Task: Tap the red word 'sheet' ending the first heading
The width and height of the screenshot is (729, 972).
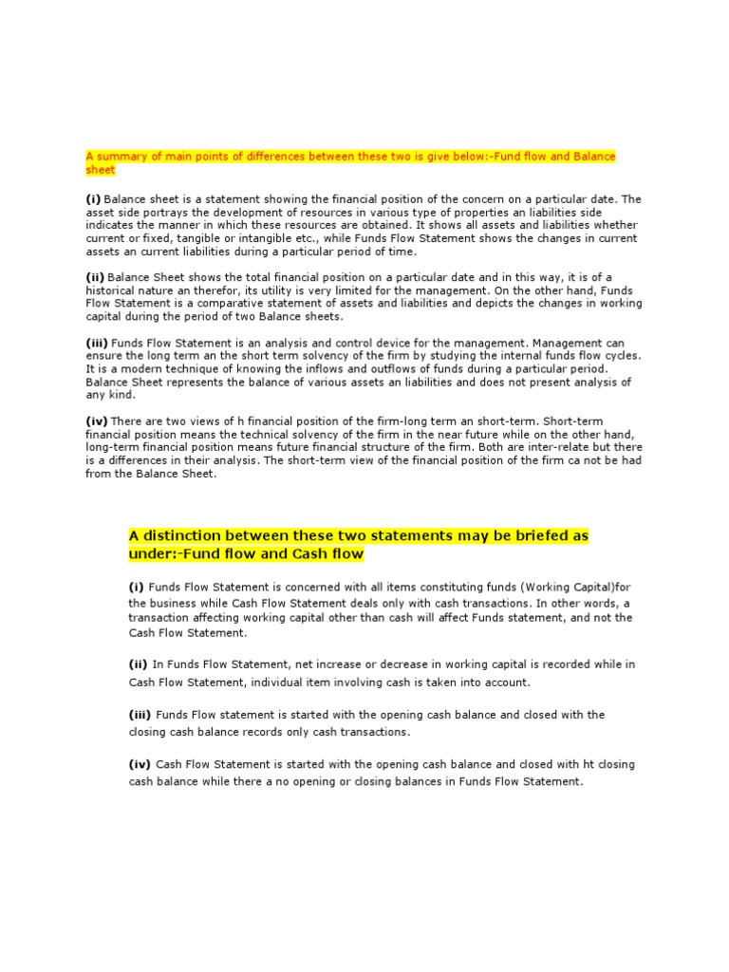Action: coord(100,170)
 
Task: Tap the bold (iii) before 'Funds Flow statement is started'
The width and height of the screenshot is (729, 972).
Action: coord(141,715)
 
